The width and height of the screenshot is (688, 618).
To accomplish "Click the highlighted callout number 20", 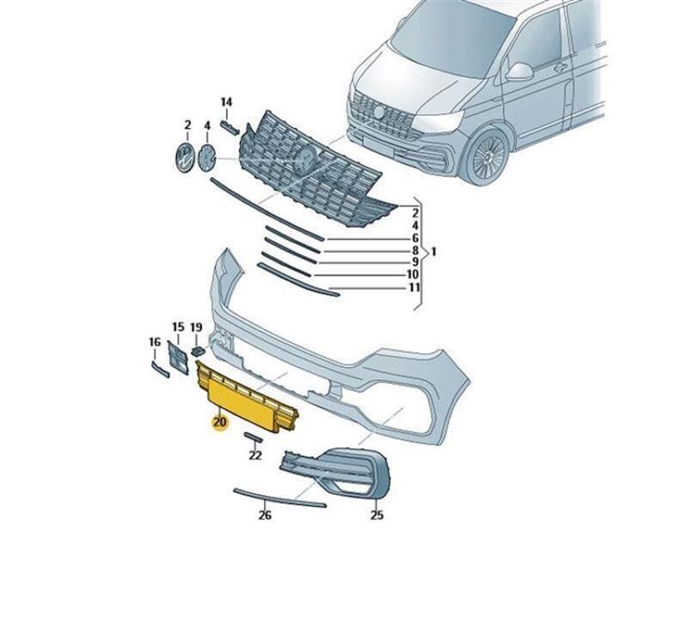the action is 219,422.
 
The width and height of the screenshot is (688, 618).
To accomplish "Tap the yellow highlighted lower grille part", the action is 247,397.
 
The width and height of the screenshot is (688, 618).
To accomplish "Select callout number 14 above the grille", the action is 226,102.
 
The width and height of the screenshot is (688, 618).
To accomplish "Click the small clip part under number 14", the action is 230,127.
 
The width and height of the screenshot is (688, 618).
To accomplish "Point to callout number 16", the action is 155,342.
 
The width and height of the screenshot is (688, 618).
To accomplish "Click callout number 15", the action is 178,327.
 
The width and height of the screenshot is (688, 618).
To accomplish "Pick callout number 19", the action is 196,327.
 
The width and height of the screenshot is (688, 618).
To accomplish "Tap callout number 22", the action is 255,456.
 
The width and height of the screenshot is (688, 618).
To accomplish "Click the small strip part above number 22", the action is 253,437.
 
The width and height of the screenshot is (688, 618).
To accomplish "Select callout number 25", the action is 377,516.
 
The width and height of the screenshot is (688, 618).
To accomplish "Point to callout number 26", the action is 265,516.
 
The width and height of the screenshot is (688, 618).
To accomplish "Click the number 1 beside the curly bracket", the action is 433,252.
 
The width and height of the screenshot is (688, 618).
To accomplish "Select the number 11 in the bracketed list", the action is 415,288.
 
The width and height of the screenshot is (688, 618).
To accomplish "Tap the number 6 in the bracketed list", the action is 415,238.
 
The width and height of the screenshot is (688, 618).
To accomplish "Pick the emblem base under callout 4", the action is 207,158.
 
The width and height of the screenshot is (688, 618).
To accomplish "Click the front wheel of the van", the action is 487,156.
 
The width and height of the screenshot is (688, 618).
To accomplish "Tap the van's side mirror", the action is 519,72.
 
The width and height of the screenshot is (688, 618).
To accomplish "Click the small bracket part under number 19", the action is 199,351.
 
